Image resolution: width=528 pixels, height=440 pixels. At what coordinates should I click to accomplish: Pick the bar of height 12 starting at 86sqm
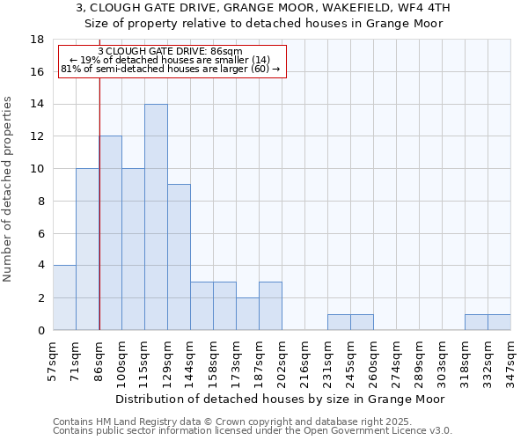(110, 233)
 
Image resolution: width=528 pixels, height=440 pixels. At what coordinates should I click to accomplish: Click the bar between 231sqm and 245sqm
(339, 322)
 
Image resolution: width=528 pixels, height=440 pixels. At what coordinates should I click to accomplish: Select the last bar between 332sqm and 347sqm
(499, 322)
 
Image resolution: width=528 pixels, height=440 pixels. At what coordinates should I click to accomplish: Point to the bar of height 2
(247, 314)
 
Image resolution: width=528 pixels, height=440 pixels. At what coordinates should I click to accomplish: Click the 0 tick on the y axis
(40, 330)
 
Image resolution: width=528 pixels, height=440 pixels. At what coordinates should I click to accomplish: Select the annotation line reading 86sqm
(172, 52)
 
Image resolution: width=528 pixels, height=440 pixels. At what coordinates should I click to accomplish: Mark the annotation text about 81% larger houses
(172, 69)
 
